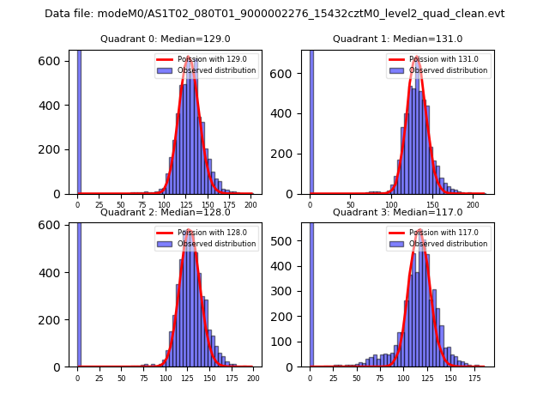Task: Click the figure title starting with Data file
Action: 274,14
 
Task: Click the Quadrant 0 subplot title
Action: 166,39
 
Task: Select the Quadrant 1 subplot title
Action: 398,39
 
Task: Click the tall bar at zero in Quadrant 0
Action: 79,120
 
